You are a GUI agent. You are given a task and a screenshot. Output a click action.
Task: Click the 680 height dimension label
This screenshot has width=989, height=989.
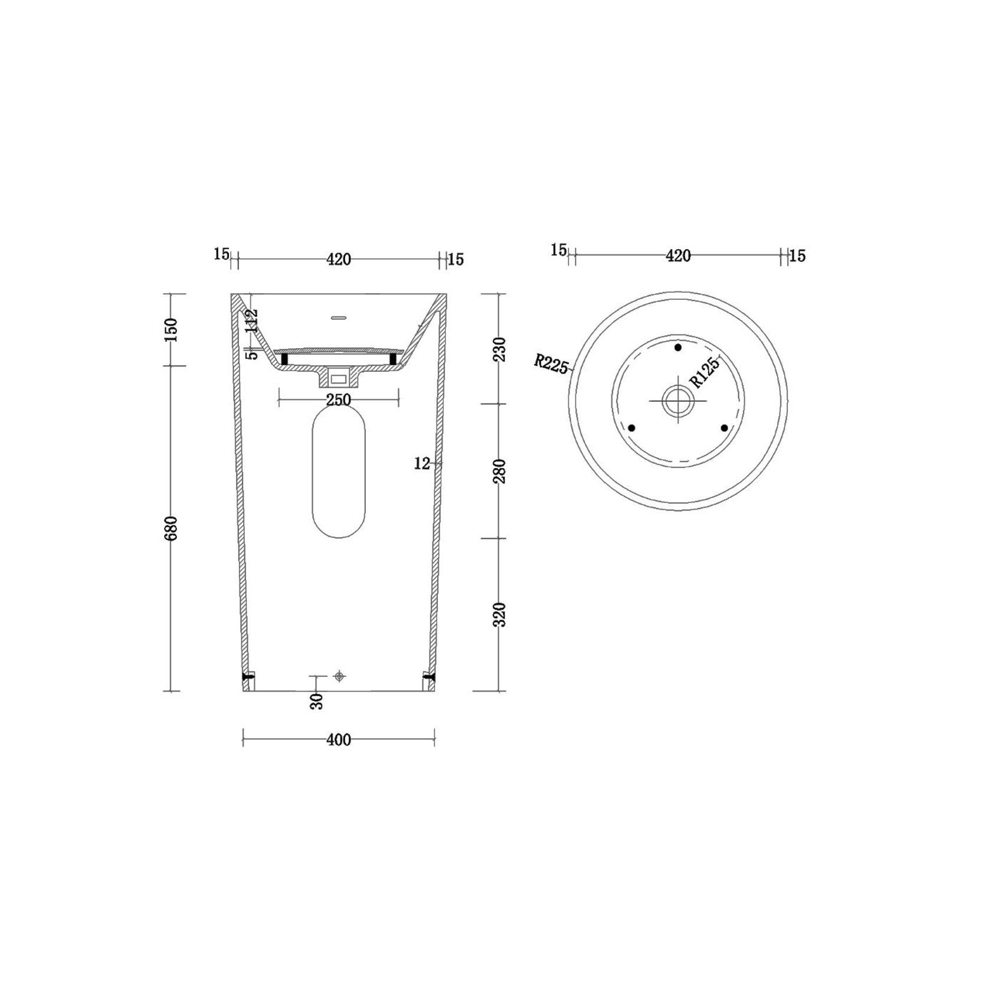(171, 528)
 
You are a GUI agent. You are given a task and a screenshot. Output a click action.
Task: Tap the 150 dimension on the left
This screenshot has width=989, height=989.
(171, 330)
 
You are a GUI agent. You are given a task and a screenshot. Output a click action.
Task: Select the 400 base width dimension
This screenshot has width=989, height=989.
(339, 740)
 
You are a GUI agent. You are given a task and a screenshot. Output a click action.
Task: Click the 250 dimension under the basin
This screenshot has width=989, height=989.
(339, 400)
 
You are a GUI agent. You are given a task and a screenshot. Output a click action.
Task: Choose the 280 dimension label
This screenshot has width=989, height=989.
(500, 471)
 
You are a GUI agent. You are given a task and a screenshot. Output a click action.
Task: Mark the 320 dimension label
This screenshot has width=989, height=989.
(500, 614)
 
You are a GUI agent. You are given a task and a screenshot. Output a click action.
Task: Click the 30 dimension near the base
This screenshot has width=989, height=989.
(317, 702)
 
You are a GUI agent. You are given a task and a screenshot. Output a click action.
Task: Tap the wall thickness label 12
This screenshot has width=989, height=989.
(422, 464)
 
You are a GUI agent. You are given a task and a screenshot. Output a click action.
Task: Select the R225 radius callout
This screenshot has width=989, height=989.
(551, 363)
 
